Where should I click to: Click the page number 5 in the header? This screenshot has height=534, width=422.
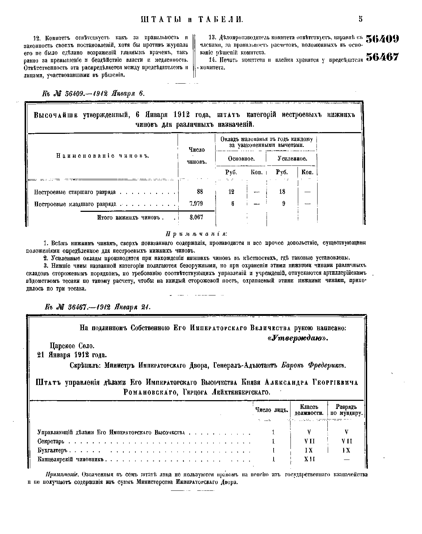(x=360, y=19)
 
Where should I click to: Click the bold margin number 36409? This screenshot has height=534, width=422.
(x=383, y=39)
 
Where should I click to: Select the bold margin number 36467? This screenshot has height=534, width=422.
(x=383, y=57)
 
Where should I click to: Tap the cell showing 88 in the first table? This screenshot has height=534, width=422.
(x=200, y=192)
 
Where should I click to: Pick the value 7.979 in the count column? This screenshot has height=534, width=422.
(x=196, y=204)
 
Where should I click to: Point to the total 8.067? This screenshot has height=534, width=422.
(x=196, y=217)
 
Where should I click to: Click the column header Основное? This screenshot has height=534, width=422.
(x=241, y=159)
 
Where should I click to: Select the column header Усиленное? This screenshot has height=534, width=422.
(x=292, y=159)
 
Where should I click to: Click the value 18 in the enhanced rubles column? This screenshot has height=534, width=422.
(x=282, y=192)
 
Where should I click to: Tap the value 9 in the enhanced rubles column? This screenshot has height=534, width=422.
(x=283, y=204)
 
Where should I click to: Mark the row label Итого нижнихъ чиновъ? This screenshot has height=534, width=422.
(x=130, y=217)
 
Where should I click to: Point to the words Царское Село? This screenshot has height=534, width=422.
(x=72, y=346)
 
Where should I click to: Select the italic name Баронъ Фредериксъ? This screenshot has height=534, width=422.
(x=314, y=365)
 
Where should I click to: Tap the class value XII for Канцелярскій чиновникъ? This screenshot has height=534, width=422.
(x=309, y=459)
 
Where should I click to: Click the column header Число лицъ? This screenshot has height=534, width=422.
(x=271, y=410)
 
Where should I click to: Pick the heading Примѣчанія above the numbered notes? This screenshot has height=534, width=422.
(x=196, y=234)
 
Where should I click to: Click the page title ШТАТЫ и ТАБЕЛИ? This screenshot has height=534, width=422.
(x=192, y=20)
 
